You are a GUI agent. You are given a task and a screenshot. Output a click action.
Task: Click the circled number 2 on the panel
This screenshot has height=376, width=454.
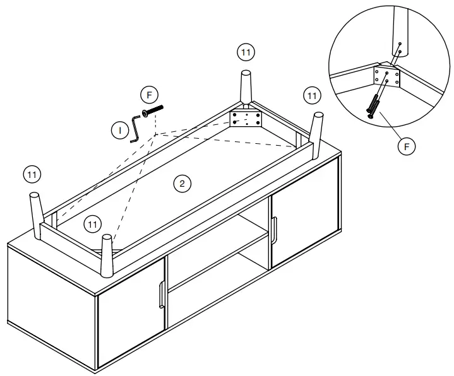(x=182, y=184)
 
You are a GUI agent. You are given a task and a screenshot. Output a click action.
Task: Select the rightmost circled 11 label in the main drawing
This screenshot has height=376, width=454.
(x=311, y=95)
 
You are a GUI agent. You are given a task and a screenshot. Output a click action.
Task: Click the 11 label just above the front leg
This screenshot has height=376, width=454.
(x=93, y=223)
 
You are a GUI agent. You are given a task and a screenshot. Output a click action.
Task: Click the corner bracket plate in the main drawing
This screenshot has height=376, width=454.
(x=246, y=118)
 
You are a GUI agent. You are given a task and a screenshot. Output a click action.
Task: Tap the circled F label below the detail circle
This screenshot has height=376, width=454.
(x=407, y=146)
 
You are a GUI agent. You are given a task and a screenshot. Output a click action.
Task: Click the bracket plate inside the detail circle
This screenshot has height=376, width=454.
(x=386, y=78)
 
